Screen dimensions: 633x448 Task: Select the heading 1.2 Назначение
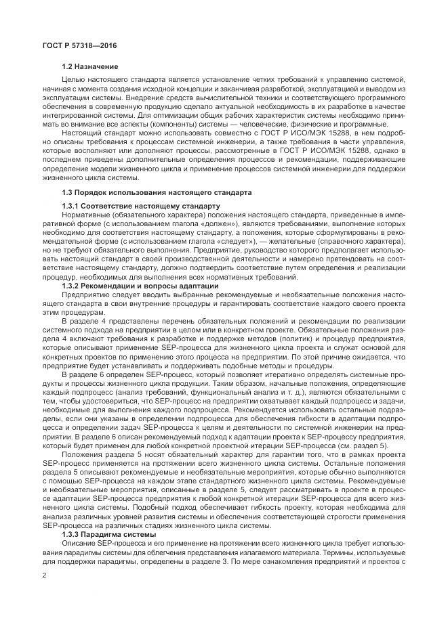pos(90,66)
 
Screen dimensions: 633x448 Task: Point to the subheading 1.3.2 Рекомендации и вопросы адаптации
pos(140,286)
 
